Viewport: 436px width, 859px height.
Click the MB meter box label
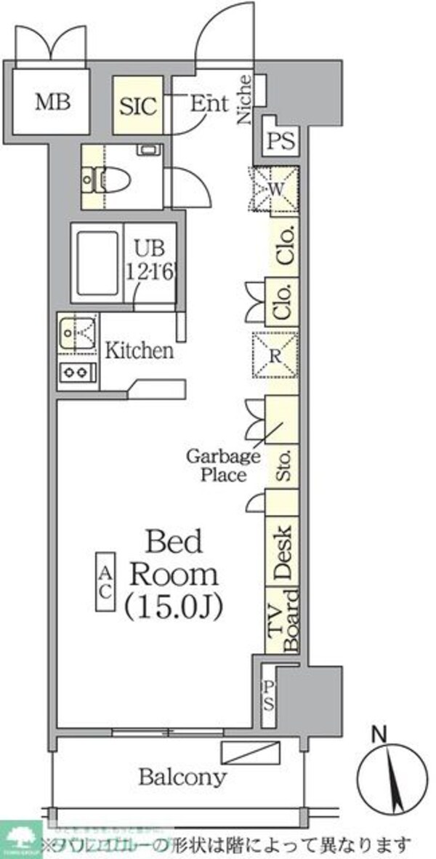click(54, 103)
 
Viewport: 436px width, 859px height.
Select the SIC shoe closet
click(138, 106)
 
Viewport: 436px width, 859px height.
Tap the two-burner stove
click(77, 372)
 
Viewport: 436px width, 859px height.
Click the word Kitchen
click(140, 351)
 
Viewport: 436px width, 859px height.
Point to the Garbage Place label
click(223, 466)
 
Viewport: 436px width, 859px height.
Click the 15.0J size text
click(174, 605)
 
